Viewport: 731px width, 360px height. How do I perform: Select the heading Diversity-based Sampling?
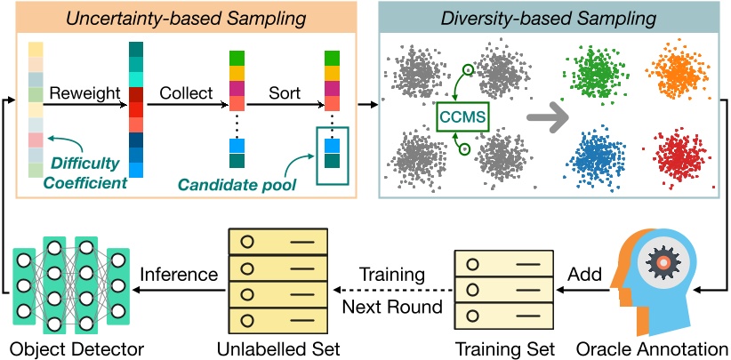pyautogui.click(x=550, y=17)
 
